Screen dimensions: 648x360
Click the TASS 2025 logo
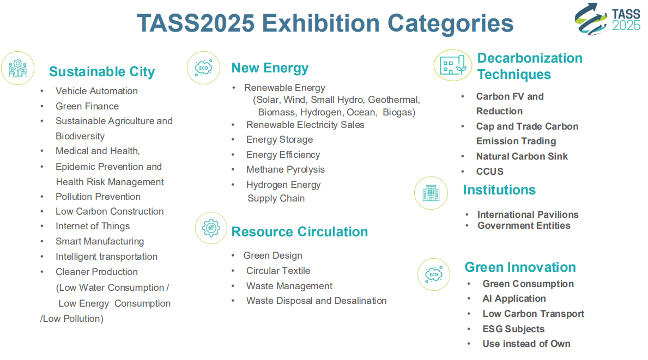[x=608, y=19]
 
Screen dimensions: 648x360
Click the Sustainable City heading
[x=102, y=72]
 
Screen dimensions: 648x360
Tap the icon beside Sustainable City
[x=18, y=68]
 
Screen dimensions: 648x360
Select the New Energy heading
[x=270, y=68]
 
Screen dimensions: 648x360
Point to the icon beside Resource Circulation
[x=211, y=228]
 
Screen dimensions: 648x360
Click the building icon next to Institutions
[x=431, y=193]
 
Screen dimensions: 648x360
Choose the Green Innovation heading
[x=520, y=267]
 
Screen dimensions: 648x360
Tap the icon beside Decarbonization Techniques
[x=453, y=65]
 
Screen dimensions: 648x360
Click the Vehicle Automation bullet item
[x=96, y=91]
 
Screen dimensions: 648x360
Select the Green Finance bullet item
[x=87, y=106]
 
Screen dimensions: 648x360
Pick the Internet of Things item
[x=93, y=226]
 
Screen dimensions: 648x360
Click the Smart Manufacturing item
[x=100, y=241]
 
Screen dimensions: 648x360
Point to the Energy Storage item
[x=280, y=139]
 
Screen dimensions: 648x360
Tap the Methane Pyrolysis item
[x=286, y=170]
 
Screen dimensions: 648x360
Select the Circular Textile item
[x=278, y=271]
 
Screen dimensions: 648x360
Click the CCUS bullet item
[x=490, y=172]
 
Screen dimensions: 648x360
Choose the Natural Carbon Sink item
[x=522, y=156]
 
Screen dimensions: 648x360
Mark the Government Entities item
[x=524, y=226]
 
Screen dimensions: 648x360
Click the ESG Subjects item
[x=514, y=329]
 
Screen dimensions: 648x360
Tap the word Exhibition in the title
[x=320, y=23]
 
